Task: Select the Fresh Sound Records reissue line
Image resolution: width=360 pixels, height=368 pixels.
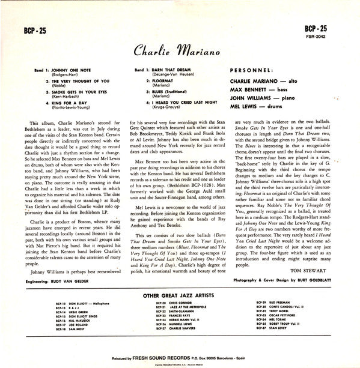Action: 180,357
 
